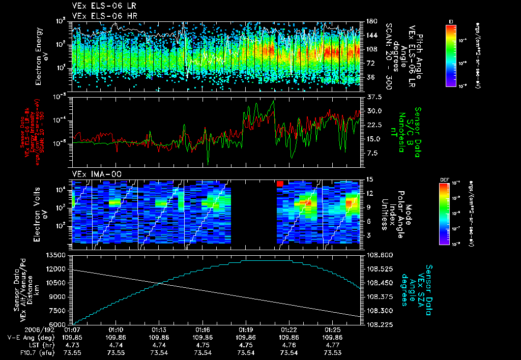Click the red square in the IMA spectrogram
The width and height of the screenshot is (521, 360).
279,183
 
